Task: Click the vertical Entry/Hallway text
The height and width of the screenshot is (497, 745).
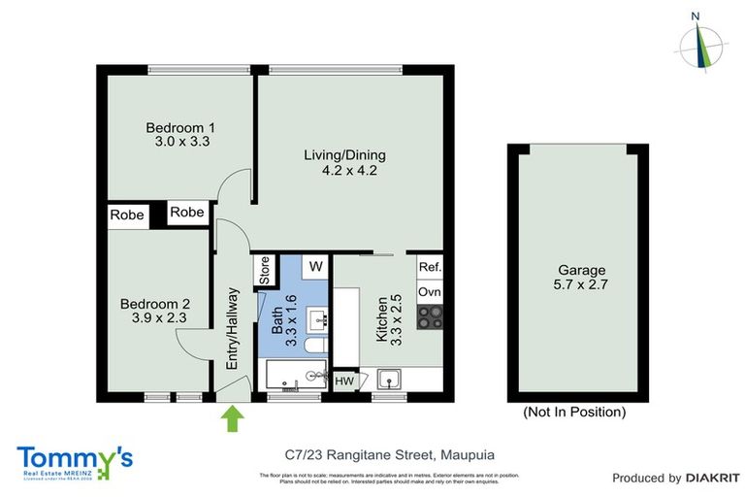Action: click(x=232, y=327)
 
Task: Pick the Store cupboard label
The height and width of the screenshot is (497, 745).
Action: click(x=263, y=272)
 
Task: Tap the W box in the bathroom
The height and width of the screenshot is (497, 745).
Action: click(x=315, y=265)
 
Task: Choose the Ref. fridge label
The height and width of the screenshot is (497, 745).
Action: click(x=430, y=267)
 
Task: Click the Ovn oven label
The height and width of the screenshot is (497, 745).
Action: click(x=429, y=291)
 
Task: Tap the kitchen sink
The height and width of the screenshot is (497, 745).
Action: click(x=389, y=379)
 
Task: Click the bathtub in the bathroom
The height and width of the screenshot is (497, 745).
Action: click(x=294, y=375)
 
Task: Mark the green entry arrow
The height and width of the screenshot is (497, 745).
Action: click(x=233, y=419)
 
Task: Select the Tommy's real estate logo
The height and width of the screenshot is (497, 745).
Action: click(x=75, y=460)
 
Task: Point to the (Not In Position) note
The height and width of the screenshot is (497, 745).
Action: click(x=574, y=412)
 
